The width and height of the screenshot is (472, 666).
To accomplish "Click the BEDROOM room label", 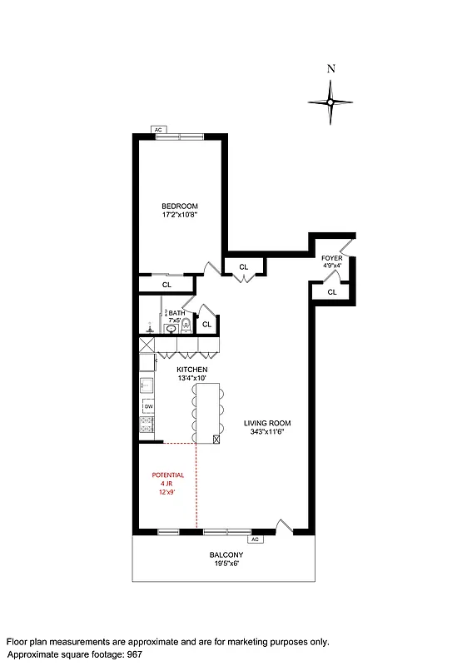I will tap(179, 206).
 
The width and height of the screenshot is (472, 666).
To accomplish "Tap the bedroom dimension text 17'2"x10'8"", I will tap(179, 215).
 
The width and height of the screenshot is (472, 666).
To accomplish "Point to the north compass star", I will tap(330, 102).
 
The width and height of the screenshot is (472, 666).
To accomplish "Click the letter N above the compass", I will tap(330, 70).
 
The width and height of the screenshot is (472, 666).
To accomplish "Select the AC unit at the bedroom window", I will tap(158, 130).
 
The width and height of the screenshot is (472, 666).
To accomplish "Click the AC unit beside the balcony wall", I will tap(255, 539).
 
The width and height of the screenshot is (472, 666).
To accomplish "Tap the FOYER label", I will tap(331, 259).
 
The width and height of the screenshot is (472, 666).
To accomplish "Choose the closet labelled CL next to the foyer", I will tap(331, 292).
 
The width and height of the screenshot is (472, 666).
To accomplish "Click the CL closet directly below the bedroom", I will tap(166, 285).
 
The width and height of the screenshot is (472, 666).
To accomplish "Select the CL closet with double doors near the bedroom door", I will tap(244, 266).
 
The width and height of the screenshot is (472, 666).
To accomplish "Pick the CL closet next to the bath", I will tap(206, 324).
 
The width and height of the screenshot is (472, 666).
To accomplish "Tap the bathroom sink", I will tap(171, 329).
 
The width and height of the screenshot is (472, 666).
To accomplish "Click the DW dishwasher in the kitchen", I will tap(149, 406).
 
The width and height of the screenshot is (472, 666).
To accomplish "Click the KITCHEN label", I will tap(191, 369).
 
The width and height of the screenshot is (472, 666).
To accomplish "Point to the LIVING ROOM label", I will tap(267, 423).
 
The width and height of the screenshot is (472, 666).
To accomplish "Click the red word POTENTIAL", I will tap(167, 475).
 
